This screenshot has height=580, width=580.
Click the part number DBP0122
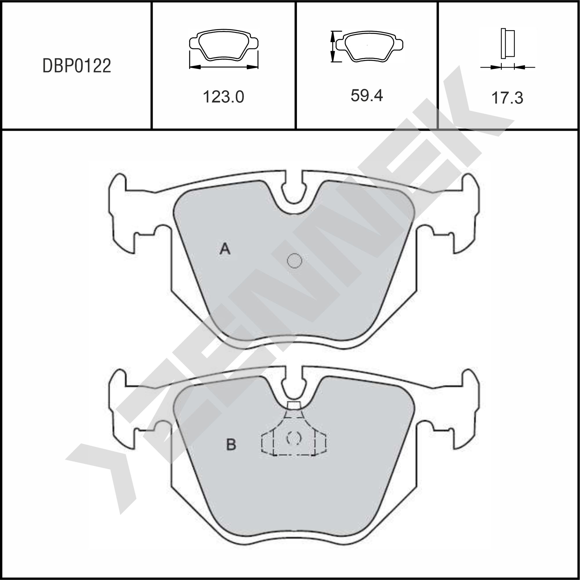pyautogui.click(x=77, y=66)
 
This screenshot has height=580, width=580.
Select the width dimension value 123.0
pyautogui.click(x=223, y=97)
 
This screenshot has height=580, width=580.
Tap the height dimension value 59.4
pyautogui.click(x=367, y=96)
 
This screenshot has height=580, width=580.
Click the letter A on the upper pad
pyautogui.click(x=225, y=249)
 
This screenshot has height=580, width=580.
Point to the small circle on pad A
pyautogui.click(x=295, y=261)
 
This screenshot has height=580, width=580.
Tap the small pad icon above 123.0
pyautogui.click(x=224, y=45)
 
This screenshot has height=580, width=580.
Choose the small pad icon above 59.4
pyautogui.click(x=369, y=46)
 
